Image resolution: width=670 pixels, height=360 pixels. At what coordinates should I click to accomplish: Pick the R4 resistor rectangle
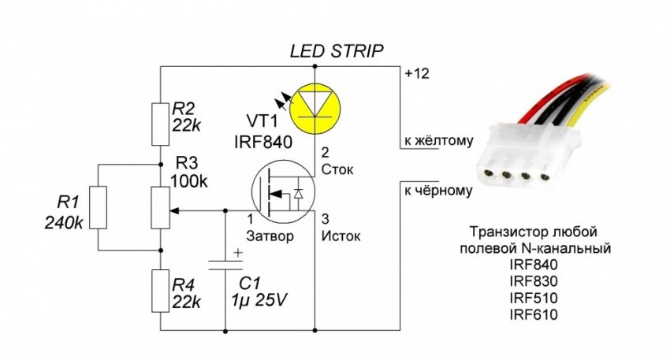[161, 291]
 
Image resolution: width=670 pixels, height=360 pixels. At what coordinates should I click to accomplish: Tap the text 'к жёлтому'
[438, 143]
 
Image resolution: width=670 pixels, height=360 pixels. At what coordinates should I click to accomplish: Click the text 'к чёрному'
[438, 191]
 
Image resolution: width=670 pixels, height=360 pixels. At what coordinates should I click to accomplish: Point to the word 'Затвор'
[265, 236]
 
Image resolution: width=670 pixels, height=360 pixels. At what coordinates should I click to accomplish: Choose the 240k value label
[65, 223]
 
